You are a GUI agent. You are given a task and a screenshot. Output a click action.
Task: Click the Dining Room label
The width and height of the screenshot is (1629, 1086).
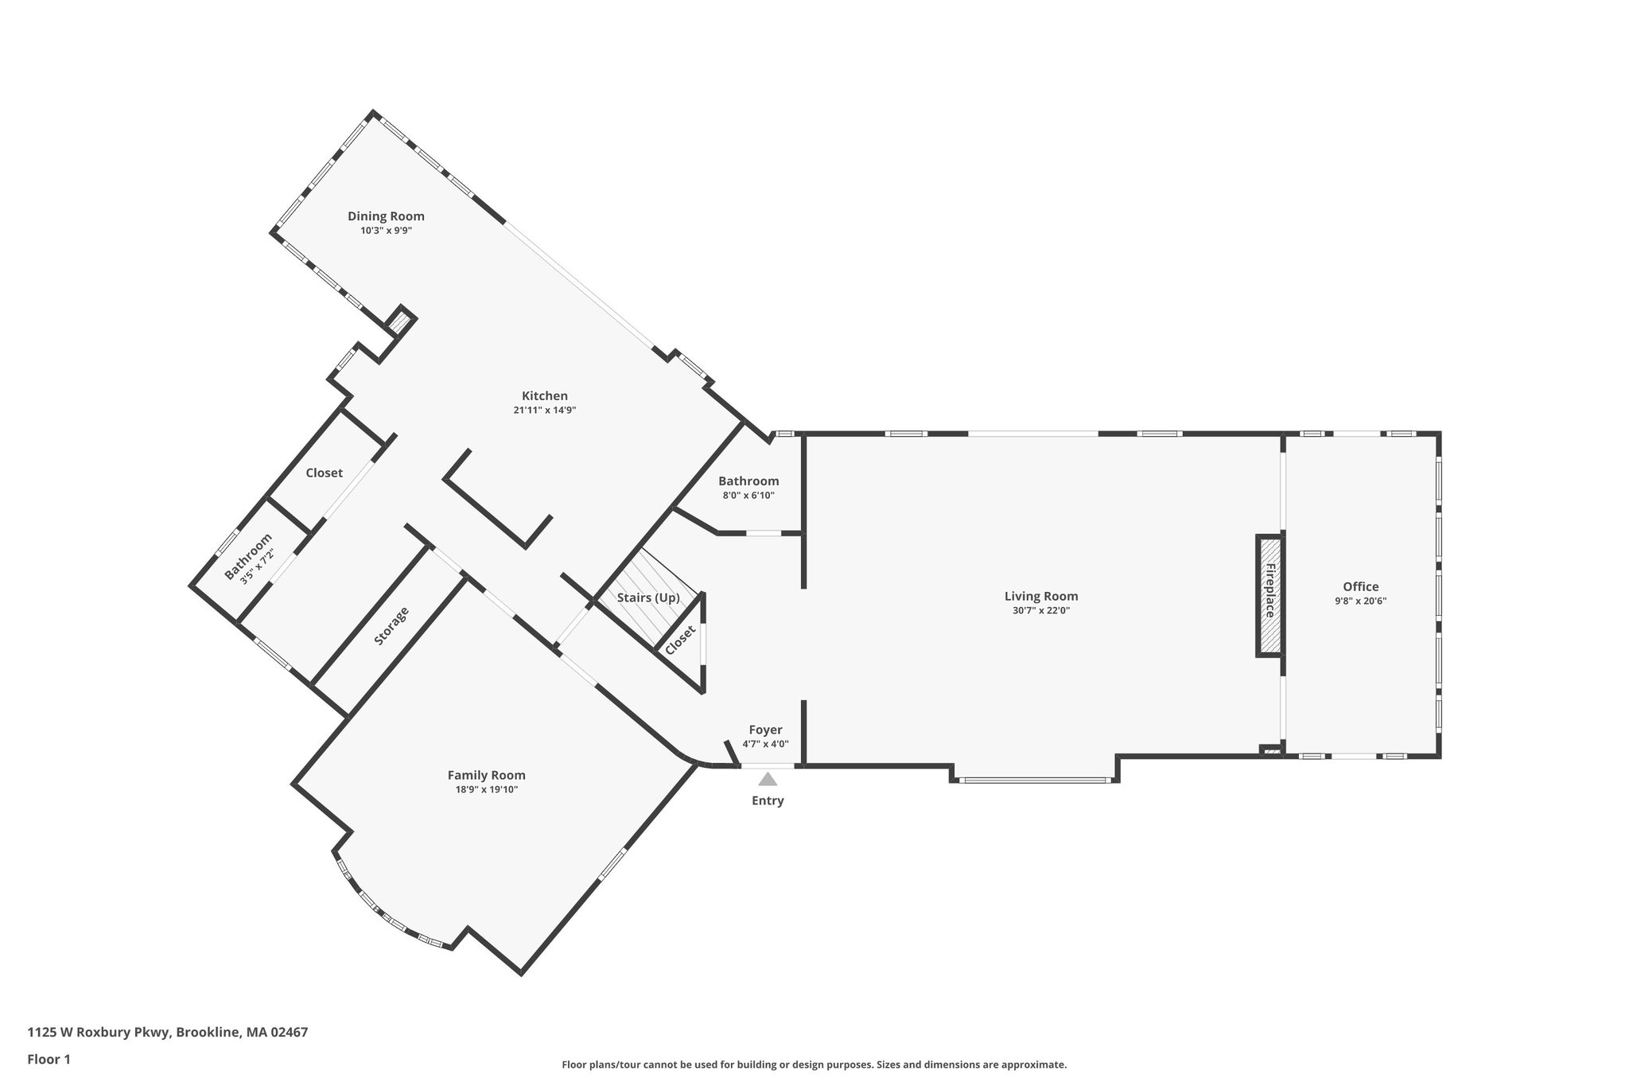coord(386,216)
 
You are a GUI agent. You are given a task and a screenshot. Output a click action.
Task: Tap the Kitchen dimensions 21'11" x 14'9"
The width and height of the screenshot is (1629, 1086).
coord(544,411)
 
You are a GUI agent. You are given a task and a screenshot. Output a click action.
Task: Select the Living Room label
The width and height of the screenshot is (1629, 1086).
coord(1040,596)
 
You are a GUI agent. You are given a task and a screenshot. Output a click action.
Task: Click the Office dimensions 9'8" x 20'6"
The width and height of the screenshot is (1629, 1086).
coord(1360,601)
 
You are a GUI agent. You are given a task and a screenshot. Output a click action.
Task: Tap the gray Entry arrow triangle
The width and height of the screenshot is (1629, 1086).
coord(768,780)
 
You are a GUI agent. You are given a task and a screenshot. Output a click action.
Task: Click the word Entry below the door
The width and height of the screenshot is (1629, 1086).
coord(768,800)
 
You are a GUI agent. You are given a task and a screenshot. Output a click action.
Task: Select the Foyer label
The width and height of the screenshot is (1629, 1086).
coord(765,730)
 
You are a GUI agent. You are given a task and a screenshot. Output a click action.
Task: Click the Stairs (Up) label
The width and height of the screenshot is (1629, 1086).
coord(648,597)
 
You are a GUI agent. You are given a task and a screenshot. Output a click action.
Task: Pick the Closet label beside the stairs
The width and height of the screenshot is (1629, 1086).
coord(681,640)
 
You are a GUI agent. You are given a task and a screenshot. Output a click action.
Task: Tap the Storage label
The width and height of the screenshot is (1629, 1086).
coord(391,625)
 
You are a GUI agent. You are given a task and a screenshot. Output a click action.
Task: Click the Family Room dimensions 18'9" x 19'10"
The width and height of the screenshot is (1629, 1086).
coord(486,789)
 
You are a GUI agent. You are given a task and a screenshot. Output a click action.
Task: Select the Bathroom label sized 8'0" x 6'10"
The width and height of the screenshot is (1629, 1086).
coord(748,481)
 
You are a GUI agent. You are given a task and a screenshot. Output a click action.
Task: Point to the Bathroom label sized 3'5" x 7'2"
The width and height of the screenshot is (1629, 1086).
coord(247,556)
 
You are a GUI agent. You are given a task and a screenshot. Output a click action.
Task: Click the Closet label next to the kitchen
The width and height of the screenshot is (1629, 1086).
coord(324,473)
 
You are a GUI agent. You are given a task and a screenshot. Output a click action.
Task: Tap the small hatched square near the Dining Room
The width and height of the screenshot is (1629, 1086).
coord(400,323)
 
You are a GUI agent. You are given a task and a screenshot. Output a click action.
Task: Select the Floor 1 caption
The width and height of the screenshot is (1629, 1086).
coord(49,1059)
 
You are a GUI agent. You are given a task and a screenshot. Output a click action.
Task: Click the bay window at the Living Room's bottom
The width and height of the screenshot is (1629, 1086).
coord(1034,780)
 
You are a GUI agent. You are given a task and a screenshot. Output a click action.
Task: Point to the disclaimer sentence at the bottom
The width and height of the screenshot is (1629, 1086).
coord(814,1065)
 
